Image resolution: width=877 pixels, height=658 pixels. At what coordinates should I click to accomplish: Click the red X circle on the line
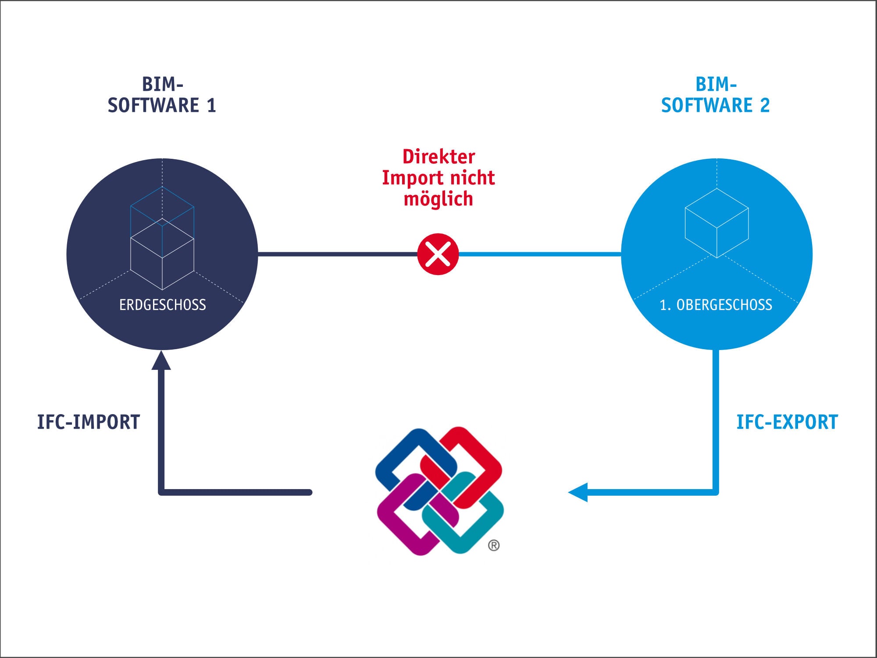[438, 254]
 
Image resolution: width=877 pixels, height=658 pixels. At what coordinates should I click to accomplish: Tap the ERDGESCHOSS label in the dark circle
[162, 305]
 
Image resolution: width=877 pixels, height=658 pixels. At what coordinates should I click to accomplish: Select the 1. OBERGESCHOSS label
[716, 305]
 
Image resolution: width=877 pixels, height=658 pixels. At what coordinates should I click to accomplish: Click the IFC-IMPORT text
[88, 422]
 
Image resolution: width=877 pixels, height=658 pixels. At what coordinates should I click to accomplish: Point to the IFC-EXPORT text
[787, 422]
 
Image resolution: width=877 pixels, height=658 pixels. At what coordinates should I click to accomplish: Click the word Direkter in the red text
[438, 157]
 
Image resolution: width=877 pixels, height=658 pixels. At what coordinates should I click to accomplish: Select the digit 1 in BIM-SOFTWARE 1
[211, 105]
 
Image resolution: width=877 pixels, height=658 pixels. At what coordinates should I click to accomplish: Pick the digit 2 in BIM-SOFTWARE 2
[765, 105]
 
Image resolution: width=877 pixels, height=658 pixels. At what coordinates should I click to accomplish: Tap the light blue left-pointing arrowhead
[578, 492]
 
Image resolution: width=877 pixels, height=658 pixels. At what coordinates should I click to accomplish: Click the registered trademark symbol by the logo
[494, 545]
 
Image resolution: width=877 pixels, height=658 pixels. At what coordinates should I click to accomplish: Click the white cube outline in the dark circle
[162, 254]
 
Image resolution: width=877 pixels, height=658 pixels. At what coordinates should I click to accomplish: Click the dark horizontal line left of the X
[338, 254]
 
